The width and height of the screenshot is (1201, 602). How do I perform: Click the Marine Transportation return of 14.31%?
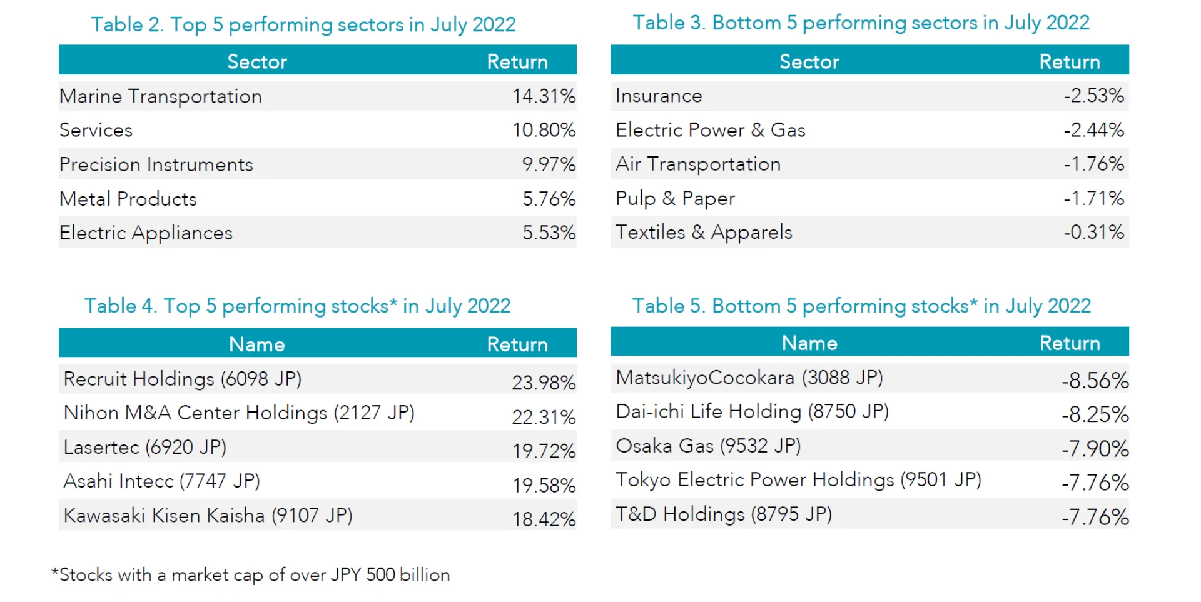click(544, 96)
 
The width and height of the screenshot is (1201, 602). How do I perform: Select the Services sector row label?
click(96, 130)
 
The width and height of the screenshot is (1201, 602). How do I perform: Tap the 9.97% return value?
click(549, 164)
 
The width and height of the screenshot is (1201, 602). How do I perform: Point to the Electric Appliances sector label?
click(146, 233)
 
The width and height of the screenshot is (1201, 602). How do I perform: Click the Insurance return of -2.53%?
click(1093, 96)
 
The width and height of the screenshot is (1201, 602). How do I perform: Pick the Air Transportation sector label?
click(698, 164)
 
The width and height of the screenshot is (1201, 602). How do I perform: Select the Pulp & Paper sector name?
click(675, 198)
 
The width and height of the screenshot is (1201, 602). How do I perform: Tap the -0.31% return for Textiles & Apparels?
click(1093, 233)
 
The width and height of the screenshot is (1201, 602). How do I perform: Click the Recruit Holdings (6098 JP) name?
click(183, 379)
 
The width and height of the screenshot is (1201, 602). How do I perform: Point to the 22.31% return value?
click(544, 417)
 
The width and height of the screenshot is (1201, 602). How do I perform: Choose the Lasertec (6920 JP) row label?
click(145, 447)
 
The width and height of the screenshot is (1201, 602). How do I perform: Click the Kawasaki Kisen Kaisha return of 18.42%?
click(544, 519)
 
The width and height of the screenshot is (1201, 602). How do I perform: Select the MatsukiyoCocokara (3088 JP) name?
click(749, 378)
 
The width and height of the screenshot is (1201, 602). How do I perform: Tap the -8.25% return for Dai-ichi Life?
click(1095, 414)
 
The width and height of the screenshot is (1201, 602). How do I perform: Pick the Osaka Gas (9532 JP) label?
click(708, 446)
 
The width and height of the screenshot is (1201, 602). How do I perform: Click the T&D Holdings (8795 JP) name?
click(724, 514)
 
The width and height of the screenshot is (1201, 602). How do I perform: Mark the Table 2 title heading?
click(303, 24)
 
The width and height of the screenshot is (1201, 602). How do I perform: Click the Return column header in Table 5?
click(1070, 343)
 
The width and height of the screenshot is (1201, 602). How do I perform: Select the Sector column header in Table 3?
click(809, 61)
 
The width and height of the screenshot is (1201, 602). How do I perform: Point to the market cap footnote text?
click(251, 574)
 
